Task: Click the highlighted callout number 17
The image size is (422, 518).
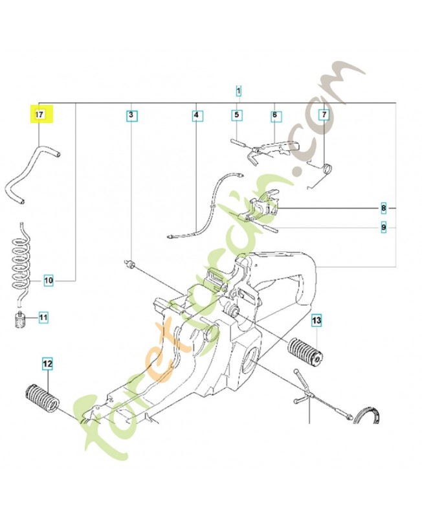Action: (x=39, y=115)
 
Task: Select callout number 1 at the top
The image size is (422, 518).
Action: (x=239, y=91)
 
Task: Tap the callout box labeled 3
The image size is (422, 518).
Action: (x=131, y=116)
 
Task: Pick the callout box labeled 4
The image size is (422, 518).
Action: (x=196, y=116)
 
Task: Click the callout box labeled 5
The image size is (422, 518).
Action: (x=237, y=115)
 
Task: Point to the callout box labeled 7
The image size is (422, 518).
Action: (x=324, y=115)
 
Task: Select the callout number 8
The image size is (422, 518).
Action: (x=384, y=208)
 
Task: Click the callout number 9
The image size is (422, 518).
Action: (x=384, y=227)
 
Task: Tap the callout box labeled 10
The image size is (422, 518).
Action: (x=49, y=280)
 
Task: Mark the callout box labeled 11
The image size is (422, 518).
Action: (x=43, y=317)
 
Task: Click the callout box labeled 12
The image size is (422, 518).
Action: (x=47, y=365)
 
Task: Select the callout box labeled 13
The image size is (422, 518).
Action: (x=316, y=320)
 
